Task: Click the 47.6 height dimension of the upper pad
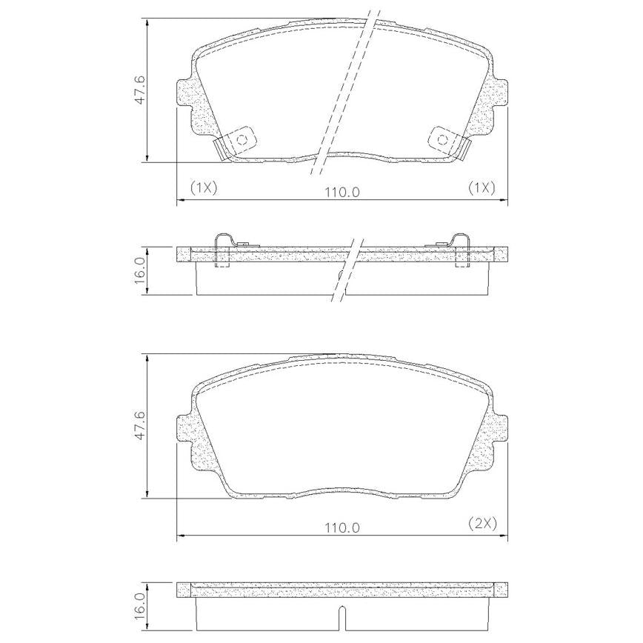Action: tap(140, 90)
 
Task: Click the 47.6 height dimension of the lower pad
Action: tap(140, 426)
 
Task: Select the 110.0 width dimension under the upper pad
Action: tap(342, 192)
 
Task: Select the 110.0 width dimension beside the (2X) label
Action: tap(342, 527)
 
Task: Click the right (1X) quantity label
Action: tap(482, 188)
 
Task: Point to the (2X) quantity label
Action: tap(483, 523)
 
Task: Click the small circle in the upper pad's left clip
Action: tap(242, 140)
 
